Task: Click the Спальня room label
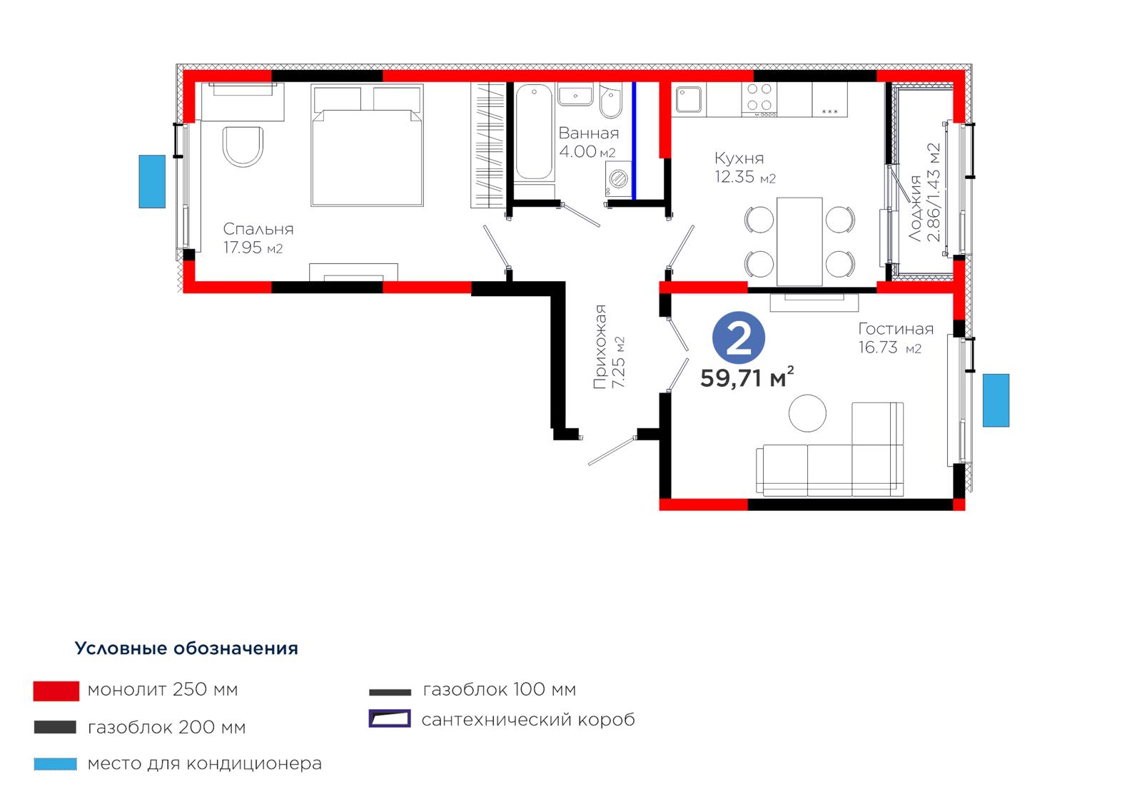258,229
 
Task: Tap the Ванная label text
589,133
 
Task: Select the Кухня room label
739,158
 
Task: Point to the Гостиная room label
896,329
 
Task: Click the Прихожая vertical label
600,347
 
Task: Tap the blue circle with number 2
738,338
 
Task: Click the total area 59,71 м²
747,377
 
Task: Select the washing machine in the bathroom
618,179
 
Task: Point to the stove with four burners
759,99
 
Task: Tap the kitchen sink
688,99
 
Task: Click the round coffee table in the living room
807,413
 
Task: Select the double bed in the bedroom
367,146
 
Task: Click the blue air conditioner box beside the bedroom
152,181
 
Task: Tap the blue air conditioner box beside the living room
996,400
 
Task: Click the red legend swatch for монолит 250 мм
56,691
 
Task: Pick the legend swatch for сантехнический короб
390,719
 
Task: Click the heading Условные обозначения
186,649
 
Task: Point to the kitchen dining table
799,242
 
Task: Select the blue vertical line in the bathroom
634,141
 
